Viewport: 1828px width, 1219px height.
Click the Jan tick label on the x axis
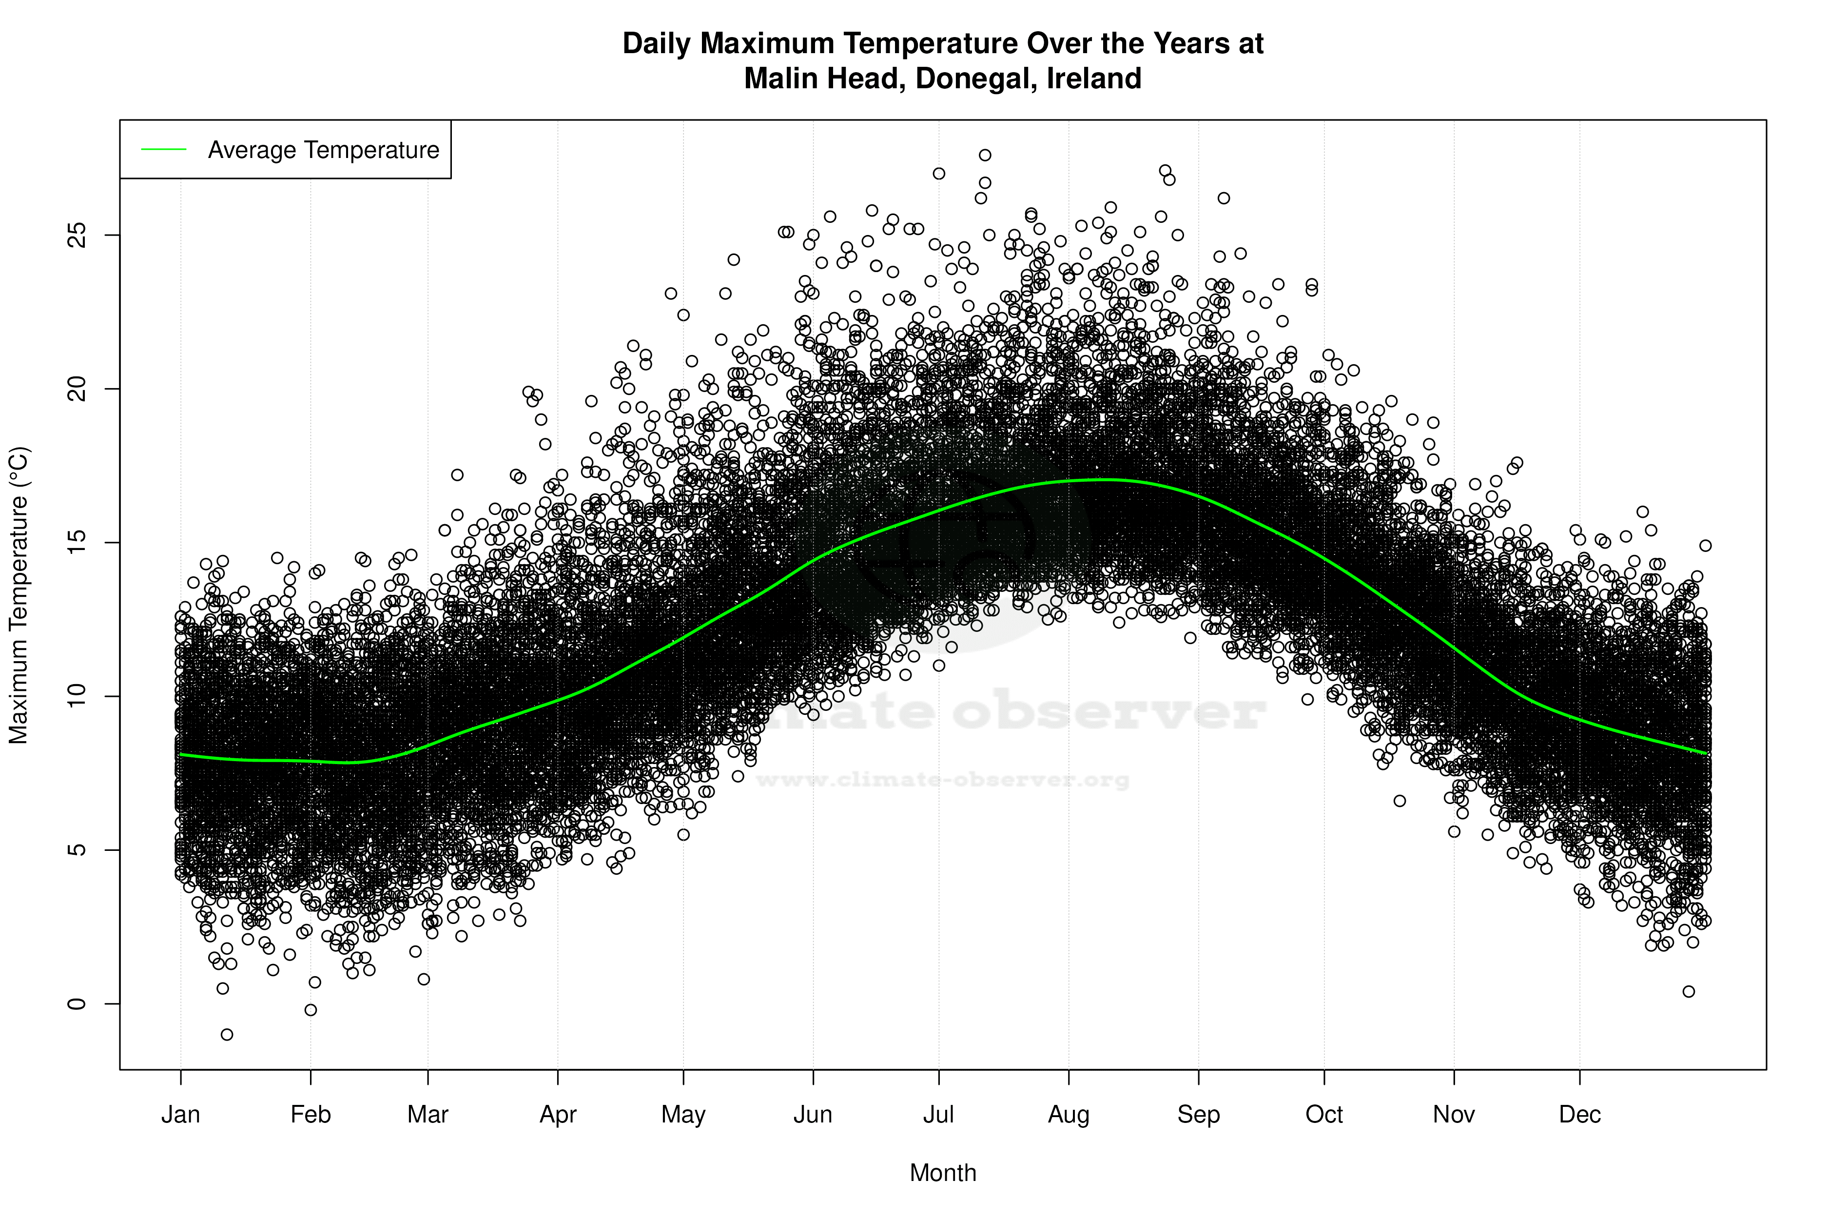pyautogui.click(x=180, y=1115)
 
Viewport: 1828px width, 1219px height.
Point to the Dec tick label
pyautogui.click(x=1579, y=1115)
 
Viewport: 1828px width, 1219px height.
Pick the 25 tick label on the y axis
pyautogui.click(x=76, y=235)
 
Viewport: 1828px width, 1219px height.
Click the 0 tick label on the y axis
pyautogui.click(x=76, y=1003)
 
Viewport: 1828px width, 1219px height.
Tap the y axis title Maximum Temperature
pyautogui.click(x=19, y=595)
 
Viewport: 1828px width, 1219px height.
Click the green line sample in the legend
pyautogui.click(x=163, y=149)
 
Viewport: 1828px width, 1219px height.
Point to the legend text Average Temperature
pyautogui.click(x=323, y=150)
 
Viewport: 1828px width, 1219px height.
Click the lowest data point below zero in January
pyautogui.click(x=227, y=1034)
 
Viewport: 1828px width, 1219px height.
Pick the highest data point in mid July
pyautogui.click(x=985, y=155)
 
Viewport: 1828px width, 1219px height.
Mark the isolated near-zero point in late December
pyautogui.click(x=1688, y=991)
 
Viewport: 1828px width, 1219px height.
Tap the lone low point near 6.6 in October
pyautogui.click(x=1399, y=801)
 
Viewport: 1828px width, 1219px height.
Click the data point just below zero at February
pyautogui.click(x=311, y=1010)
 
